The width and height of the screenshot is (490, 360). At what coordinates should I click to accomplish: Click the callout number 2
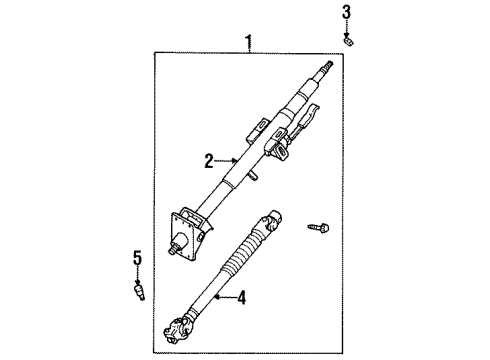pos(209,159)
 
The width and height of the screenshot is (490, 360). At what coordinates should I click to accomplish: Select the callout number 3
pos(347,12)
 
